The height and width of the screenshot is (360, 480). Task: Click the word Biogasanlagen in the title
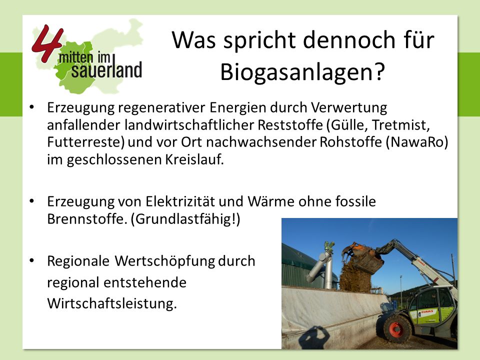(x=298, y=72)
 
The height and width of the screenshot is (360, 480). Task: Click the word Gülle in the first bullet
(x=348, y=125)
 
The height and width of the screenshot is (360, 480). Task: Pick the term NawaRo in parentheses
(x=417, y=142)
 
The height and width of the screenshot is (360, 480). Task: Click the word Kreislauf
(x=194, y=159)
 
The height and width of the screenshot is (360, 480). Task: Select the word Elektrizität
(x=179, y=201)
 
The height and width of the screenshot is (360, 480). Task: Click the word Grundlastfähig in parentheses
(x=183, y=219)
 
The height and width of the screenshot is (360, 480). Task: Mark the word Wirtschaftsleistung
(x=112, y=303)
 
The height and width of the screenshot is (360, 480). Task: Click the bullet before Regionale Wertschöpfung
(x=31, y=261)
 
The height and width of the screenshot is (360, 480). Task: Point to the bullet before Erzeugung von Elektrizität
(x=31, y=201)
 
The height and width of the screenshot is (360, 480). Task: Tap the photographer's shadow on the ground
(x=314, y=337)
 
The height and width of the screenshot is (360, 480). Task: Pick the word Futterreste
(x=86, y=142)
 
